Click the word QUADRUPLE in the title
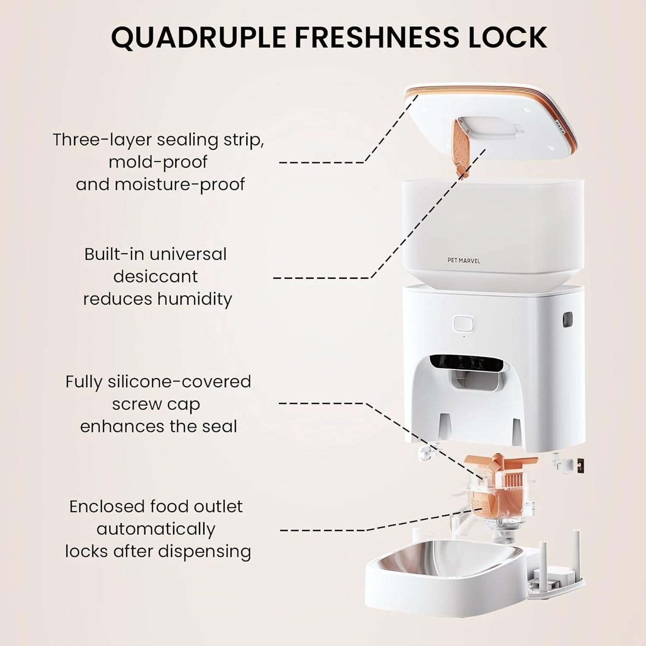point(199,37)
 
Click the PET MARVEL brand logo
point(464,261)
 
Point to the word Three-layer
point(102,140)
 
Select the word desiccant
point(155,276)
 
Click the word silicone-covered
point(179,382)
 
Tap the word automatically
point(156,529)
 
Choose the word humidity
point(195,299)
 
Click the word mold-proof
point(158,162)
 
